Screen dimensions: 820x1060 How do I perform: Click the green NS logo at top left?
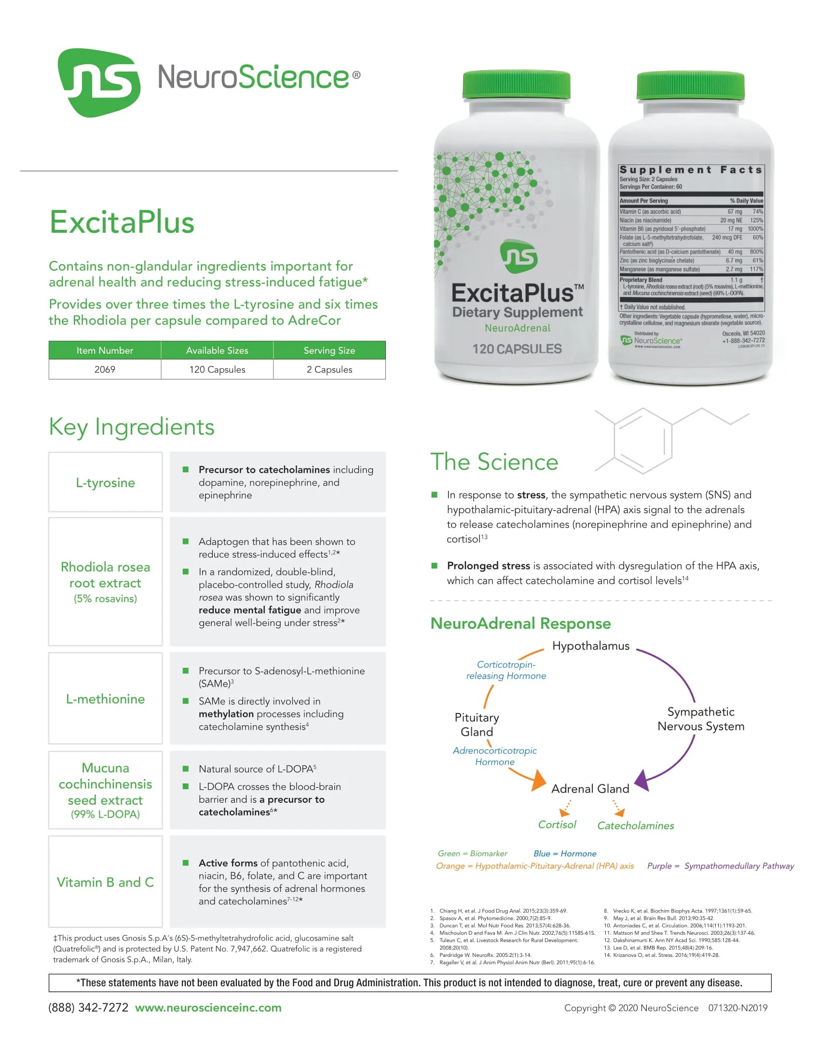pos(99,82)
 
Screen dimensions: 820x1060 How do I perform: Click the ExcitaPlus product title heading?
pos(122,222)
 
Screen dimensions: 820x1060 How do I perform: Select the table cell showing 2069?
pos(105,370)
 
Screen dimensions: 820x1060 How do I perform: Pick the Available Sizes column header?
pos(217,350)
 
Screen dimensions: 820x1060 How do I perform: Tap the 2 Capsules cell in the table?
pos(329,370)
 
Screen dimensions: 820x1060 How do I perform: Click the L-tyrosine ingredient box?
pos(106,482)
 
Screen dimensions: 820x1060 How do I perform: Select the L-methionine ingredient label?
pos(106,699)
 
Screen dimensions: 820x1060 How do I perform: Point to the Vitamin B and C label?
pos(106,882)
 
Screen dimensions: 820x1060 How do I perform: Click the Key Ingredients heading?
pos(132,427)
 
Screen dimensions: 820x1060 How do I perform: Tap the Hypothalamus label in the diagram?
pos(591,646)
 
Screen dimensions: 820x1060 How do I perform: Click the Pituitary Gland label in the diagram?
pos(477,725)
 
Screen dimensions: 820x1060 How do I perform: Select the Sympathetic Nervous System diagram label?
pos(701,719)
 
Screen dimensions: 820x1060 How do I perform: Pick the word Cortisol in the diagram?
pos(557,824)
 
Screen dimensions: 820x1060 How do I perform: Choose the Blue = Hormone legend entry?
pos(565,854)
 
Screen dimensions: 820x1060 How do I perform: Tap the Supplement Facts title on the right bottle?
pos(691,170)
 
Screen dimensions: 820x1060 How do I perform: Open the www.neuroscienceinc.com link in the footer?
pos(208,1007)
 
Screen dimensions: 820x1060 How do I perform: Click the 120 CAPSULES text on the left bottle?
pos(517,349)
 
